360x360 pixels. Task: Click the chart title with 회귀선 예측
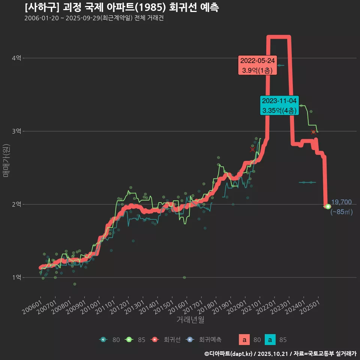[x=122, y=7]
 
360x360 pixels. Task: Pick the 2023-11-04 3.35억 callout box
[x=279, y=105]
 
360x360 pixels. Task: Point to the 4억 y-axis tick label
[x=17, y=58]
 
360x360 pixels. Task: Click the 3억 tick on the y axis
[x=17, y=131]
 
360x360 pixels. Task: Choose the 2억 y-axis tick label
[x=17, y=204]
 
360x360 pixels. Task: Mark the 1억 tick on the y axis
[x=17, y=277]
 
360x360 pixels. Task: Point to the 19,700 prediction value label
[x=341, y=202]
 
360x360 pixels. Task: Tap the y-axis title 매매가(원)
[x=6, y=160]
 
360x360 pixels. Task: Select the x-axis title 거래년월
[x=190, y=320]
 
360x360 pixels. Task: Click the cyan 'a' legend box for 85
[x=270, y=340]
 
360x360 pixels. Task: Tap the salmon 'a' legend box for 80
[x=244, y=340]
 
